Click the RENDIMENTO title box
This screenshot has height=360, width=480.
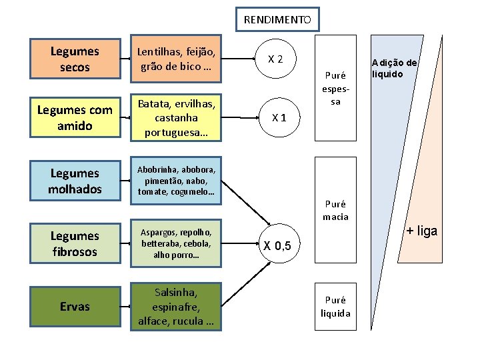click(x=277, y=19)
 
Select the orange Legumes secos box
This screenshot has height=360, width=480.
click(x=75, y=59)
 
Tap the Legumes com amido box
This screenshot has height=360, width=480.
click(x=75, y=117)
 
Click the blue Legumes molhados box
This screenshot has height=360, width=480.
click(x=75, y=181)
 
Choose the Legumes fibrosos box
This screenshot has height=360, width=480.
click(x=75, y=243)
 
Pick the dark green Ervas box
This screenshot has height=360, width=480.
click(x=75, y=306)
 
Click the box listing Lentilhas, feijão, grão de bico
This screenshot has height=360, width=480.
click(x=175, y=59)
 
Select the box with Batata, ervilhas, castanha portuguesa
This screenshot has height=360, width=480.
click(x=175, y=117)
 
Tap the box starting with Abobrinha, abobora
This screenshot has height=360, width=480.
click(x=175, y=181)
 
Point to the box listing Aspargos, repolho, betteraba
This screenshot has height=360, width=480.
click(x=175, y=243)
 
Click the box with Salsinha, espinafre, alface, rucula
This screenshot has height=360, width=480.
click(x=175, y=306)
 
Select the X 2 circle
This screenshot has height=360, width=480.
click(x=275, y=59)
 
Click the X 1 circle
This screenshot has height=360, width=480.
click(x=275, y=118)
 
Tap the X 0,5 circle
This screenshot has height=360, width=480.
click(x=275, y=245)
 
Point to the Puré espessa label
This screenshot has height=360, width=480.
click(x=335, y=89)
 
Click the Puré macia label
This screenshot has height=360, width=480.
click(x=335, y=210)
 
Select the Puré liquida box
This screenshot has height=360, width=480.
click(x=335, y=307)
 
